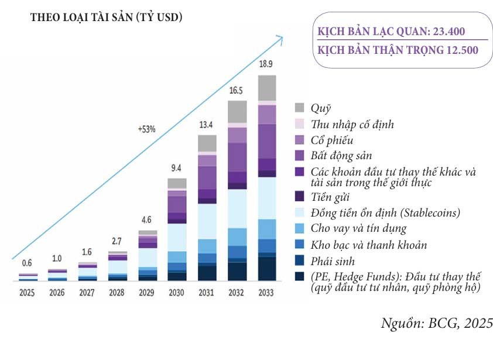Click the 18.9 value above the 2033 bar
tap(266, 64)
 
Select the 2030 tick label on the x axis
tap(177, 292)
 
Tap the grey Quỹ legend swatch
tap(300, 108)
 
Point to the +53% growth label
tap(147, 129)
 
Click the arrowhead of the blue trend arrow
tap(279, 39)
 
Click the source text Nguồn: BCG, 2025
tap(436, 323)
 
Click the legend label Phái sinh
tap(333, 261)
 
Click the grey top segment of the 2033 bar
tap(266, 88)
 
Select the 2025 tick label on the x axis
tap(26, 292)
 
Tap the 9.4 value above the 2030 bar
tap(177, 169)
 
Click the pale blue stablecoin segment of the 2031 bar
tap(207, 221)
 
